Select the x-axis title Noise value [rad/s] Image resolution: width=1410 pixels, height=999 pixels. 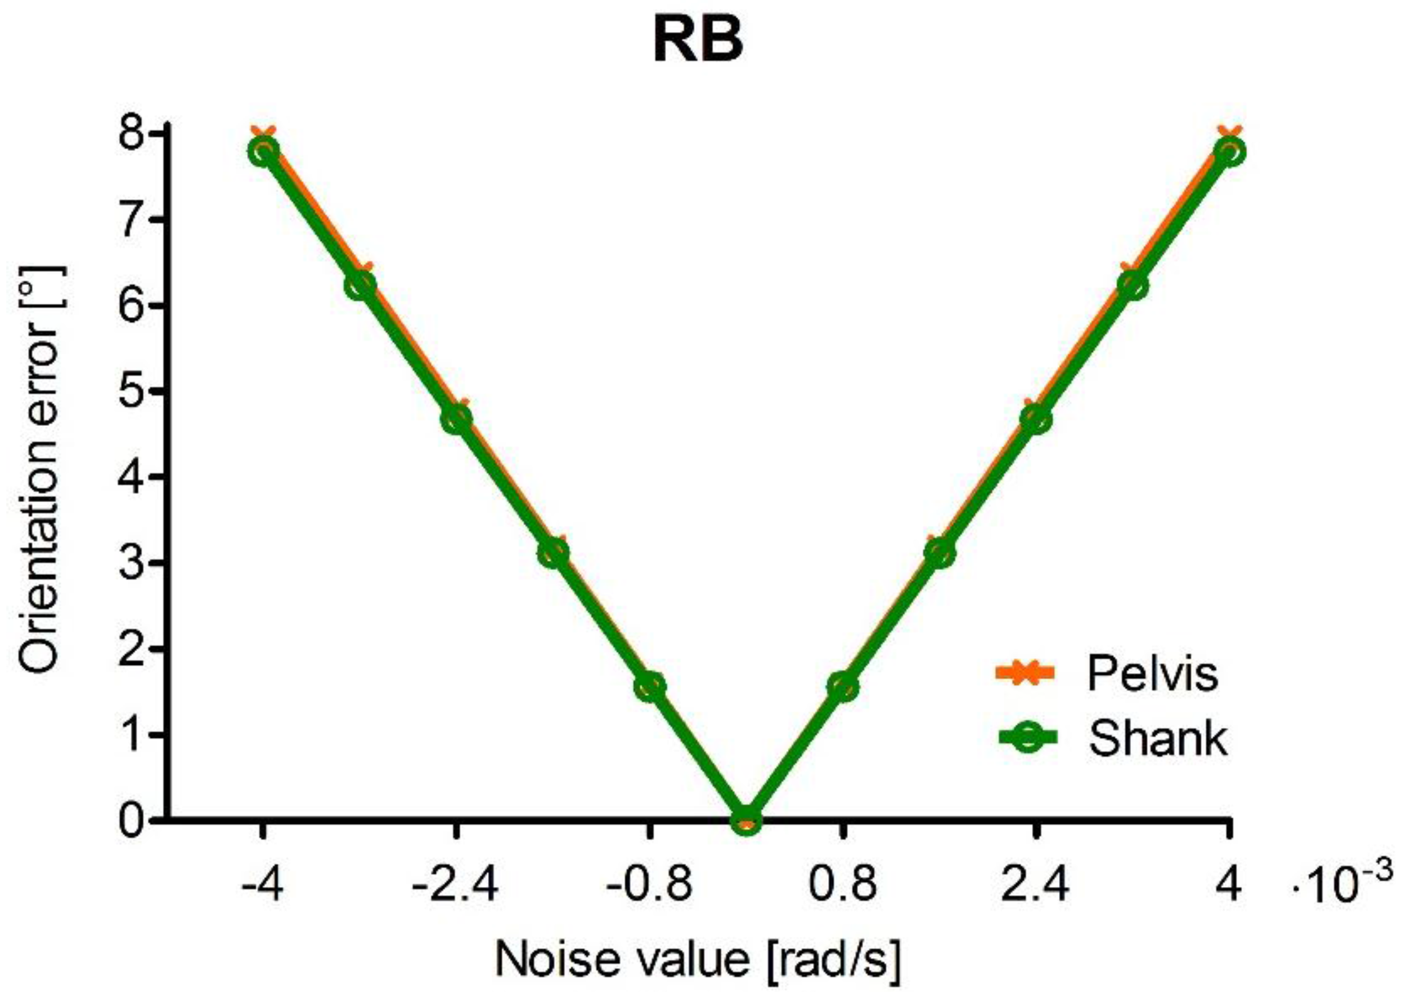point(698,960)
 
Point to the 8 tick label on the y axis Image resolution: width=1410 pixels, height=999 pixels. point(134,134)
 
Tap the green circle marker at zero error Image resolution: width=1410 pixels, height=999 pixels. point(746,819)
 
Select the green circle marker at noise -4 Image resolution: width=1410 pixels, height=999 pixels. point(263,152)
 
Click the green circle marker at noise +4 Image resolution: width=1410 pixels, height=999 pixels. point(1230,152)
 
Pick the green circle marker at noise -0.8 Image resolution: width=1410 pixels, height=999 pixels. point(650,687)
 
